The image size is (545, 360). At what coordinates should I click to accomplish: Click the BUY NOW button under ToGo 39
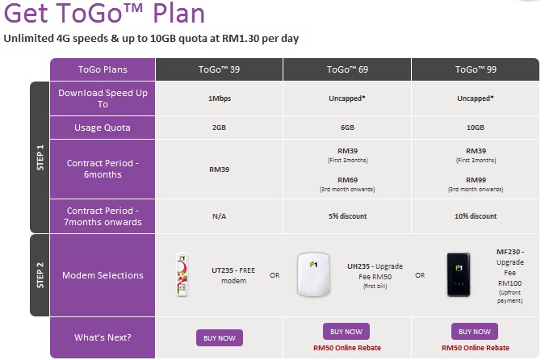(220, 337)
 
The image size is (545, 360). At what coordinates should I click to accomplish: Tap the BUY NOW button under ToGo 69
(346, 332)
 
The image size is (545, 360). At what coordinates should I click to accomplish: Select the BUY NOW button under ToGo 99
(475, 332)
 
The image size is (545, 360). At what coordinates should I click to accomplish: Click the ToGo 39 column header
(219, 69)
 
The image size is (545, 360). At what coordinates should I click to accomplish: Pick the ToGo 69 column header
(347, 69)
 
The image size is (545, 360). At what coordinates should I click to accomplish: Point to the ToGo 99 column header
(476, 69)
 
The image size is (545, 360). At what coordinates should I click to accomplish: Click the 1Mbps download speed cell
(220, 98)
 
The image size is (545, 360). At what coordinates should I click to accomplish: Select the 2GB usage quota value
(219, 128)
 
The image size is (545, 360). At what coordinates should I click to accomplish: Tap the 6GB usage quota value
(347, 128)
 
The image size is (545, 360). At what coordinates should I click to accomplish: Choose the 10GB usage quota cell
(476, 128)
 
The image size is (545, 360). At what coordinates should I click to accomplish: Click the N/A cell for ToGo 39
(219, 216)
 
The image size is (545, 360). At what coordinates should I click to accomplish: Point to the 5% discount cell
(347, 216)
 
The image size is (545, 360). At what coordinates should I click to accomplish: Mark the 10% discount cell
(476, 216)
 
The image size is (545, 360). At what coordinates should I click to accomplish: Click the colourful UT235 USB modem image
(182, 274)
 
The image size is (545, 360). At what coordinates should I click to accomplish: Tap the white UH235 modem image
(313, 274)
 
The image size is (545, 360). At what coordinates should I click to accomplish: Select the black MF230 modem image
(459, 274)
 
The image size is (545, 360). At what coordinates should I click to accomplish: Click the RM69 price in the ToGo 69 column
(347, 180)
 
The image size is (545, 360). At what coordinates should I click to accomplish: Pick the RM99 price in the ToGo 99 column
(476, 180)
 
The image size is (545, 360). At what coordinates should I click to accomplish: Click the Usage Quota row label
(103, 128)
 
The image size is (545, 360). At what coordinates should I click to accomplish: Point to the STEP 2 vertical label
(40, 275)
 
